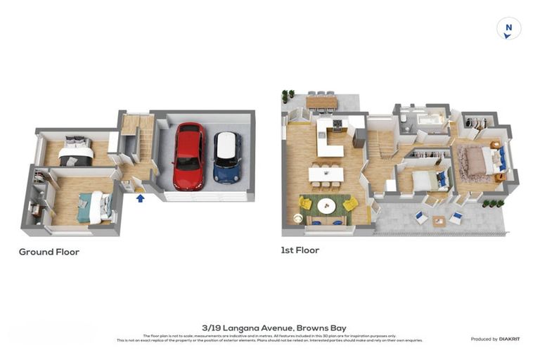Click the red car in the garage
coord(188,156)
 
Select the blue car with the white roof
coord(226,157)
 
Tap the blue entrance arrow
coord(140,198)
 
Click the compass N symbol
coord(508,29)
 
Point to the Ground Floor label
coord(49,252)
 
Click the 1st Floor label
coord(300,250)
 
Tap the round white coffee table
coord(326,206)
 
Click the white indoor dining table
coord(326,174)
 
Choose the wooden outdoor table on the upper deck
coord(321,102)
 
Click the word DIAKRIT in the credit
coord(509,339)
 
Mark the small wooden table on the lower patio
coord(439,221)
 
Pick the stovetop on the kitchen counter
coord(337,124)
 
